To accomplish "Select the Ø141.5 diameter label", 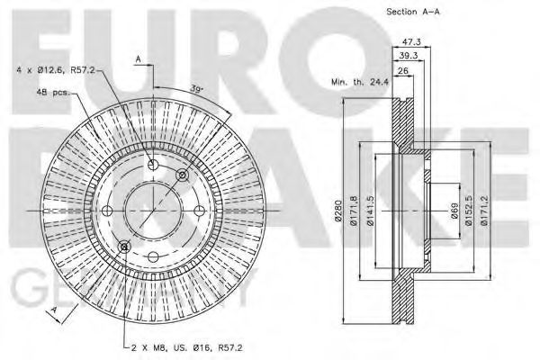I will [x=382, y=211].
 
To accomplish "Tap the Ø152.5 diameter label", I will [x=469, y=211].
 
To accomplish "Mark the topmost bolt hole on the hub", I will [x=153, y=165].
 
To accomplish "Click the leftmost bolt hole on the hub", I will [x=107, y=211].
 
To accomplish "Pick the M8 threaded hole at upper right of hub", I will [x=183, y=175].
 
